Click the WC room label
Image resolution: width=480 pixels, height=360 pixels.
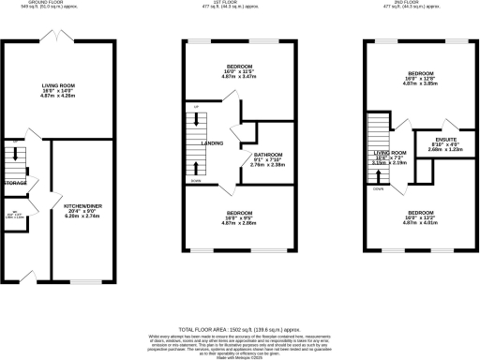point(14,214)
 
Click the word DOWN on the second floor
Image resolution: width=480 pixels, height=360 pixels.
point(378,187)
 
